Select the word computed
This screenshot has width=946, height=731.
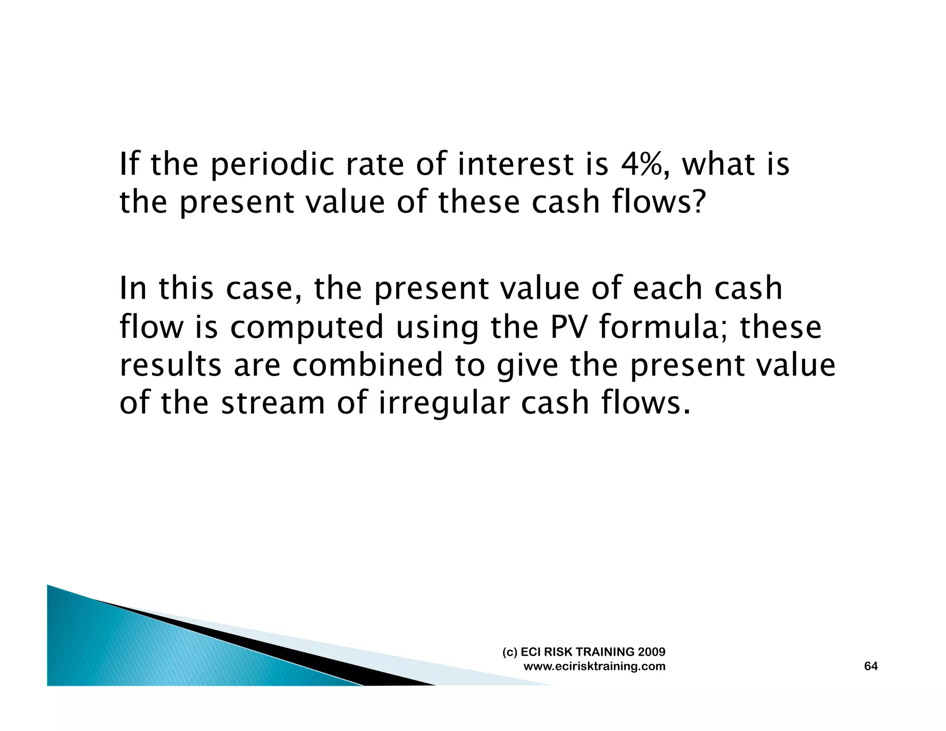(x=307, y=327)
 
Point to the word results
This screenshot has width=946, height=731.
(x=170, y=365)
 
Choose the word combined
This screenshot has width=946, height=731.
(x=368, y=365)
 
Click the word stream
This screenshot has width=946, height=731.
(x=273, y=403)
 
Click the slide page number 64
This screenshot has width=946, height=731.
(x=871, y=666)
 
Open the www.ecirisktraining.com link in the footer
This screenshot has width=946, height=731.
(x=594, y=666)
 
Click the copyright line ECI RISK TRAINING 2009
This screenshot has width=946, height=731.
(x=584, y=652)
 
